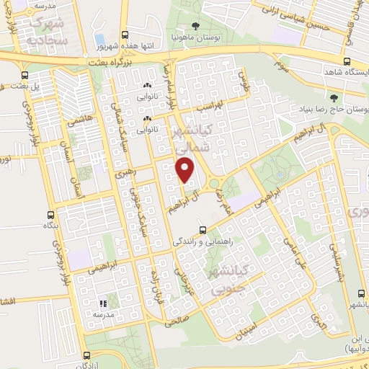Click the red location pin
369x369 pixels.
[185, 169]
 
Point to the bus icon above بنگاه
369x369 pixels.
[50, 215]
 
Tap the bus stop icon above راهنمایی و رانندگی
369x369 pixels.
[203, 231]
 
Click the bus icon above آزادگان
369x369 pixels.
[86, 355]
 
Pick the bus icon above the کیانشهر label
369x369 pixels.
[361, 293]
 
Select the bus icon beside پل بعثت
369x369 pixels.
[25, 74]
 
